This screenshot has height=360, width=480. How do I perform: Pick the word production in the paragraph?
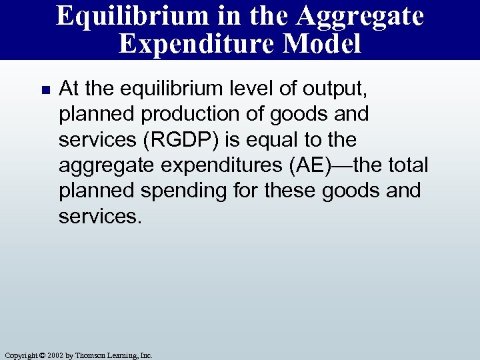[179, 114]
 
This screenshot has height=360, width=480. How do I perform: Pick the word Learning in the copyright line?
[121, 355]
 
